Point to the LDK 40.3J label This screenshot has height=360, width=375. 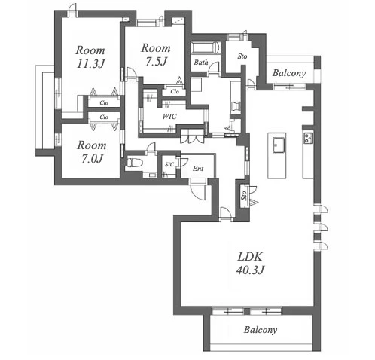point(250,264)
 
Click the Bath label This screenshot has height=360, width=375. point(201,62)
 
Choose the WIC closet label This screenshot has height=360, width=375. point(169,117)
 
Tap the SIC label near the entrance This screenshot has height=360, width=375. point(169,165)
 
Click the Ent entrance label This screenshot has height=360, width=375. point(198,169)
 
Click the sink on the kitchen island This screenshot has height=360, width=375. point(279,145)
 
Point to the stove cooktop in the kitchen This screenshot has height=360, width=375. point(309,138)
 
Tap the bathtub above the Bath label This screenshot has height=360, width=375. point(206,47)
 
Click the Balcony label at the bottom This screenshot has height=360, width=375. point(261,330)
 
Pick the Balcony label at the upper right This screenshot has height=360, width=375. point(289,73)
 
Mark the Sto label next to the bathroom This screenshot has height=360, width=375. point(242,56)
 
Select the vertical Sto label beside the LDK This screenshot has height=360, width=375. point(244,196)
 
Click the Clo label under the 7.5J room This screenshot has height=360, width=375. point(175,92)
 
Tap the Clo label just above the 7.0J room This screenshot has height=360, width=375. point(104,117)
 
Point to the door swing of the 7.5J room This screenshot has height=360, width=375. point(132,73)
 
